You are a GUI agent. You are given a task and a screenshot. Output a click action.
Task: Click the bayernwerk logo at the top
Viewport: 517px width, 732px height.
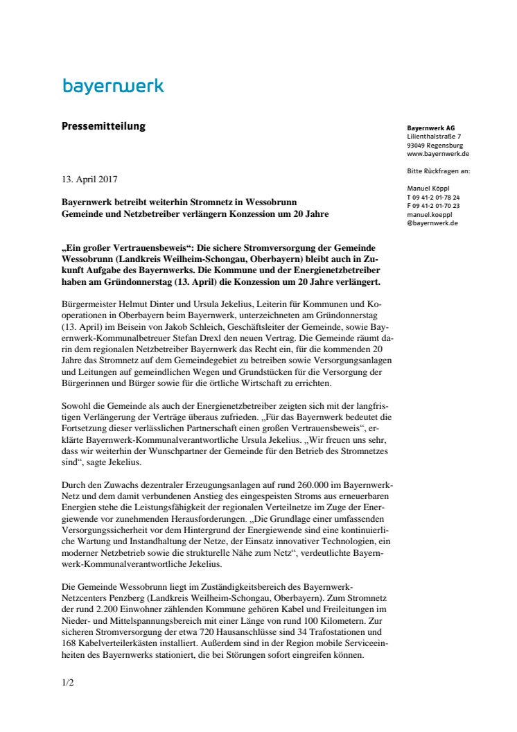tap(113, 87)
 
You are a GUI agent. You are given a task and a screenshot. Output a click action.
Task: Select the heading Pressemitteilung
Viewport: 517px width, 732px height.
tap(104, 126)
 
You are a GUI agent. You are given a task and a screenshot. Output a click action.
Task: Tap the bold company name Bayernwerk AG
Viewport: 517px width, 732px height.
tap(431, 129)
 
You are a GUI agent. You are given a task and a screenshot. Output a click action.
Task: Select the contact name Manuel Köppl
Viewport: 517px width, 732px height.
tap(430, 189)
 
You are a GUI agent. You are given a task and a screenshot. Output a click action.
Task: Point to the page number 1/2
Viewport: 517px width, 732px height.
tap(68, 682)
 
